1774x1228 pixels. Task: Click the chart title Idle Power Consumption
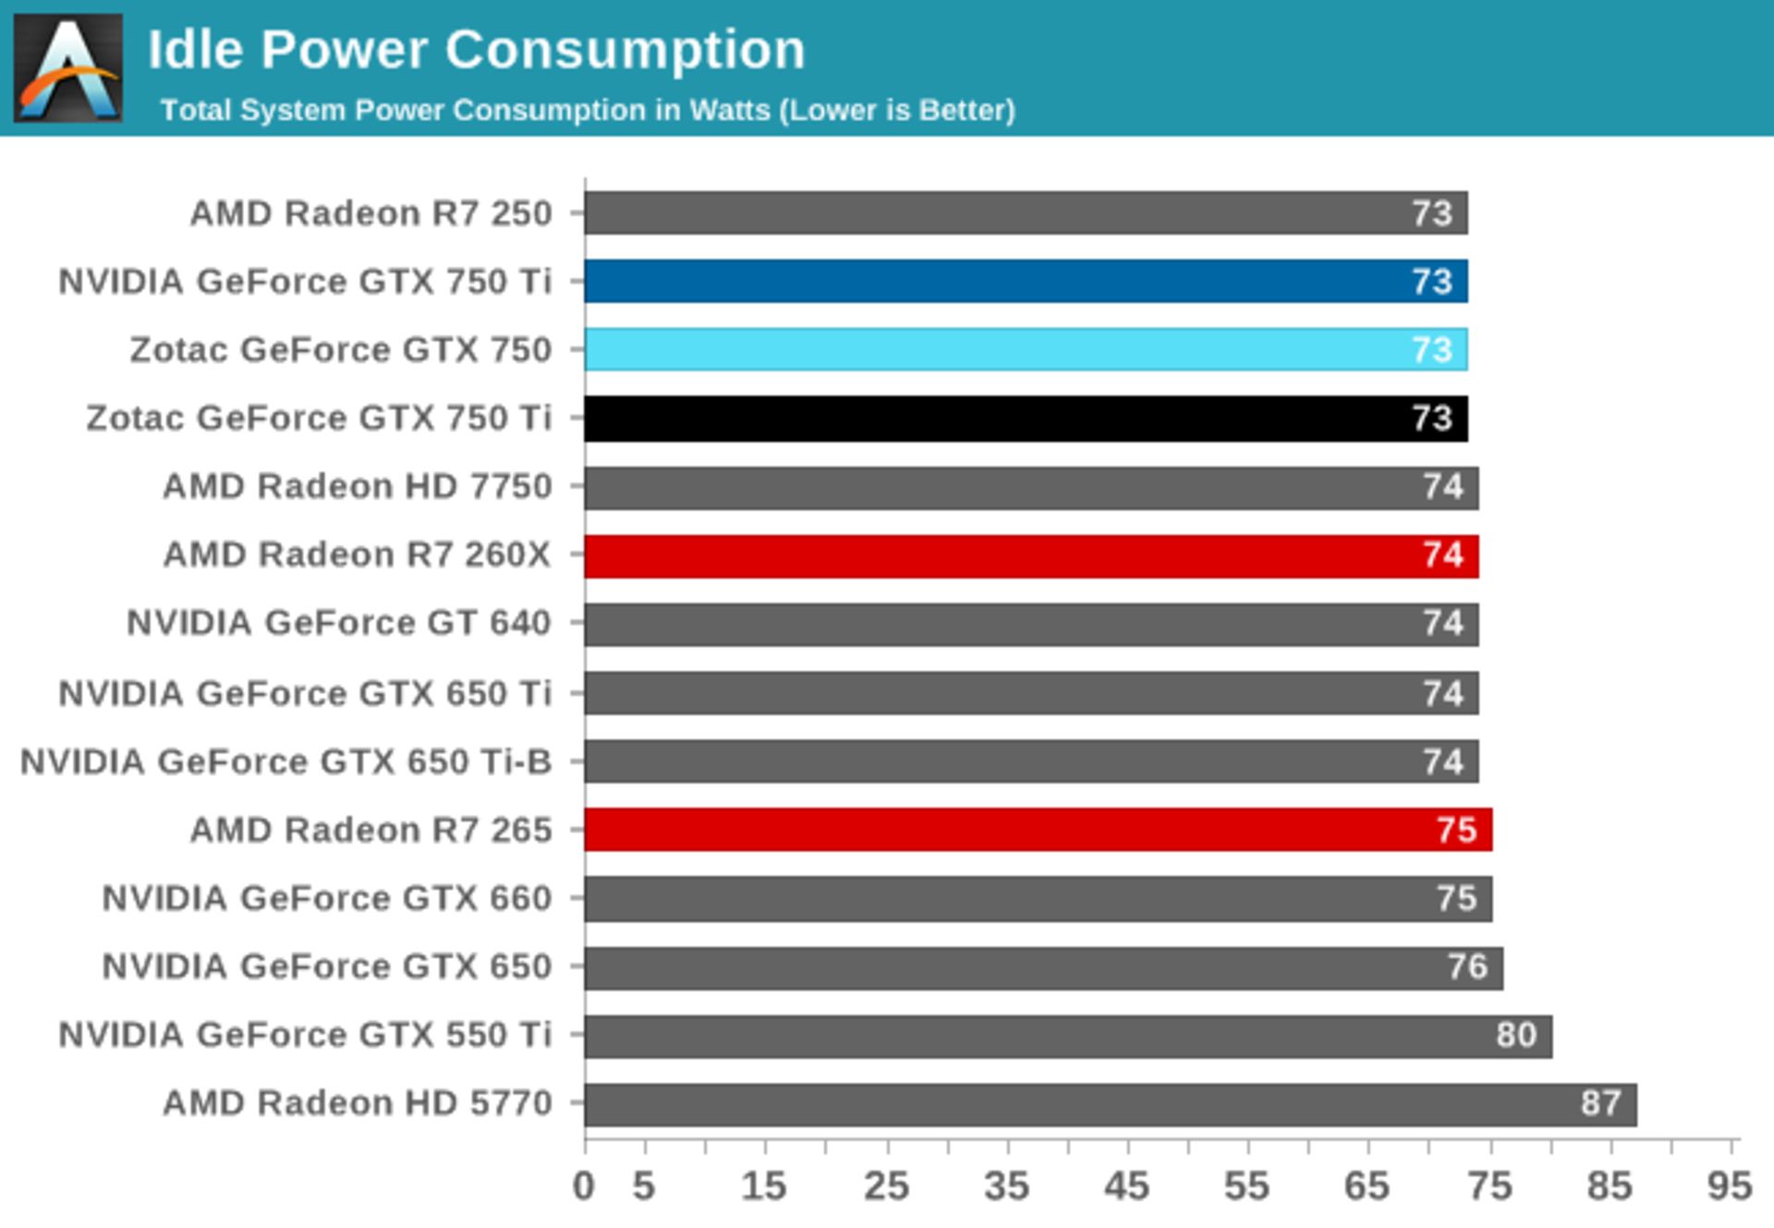pyautogui.click(x=476, y=49)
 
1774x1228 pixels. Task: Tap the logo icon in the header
pyautogui.click(x=68, y=68)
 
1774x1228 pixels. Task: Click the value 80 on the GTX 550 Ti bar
pyautogui.click(x=1516, y=1035)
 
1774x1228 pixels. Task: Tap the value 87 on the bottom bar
pyautogui.click(x=1600, y=1103)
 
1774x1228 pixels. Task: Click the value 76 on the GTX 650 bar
pyautogui.click(x=1467, y=967)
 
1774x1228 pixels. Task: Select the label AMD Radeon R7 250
pyautogui.click(x=371, y=213)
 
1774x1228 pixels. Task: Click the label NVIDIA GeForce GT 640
pyautogui.click(x=339, y=624)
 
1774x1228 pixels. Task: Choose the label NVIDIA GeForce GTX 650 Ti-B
pyautogui.click(x=286, y=762)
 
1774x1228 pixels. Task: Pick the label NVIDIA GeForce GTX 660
pyautogui.click(x=326, y=898)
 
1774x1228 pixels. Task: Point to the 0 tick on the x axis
pyautogui.click(x=584, y=1185)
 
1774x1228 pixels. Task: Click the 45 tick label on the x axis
pyautogui.click(x=1126, y=1185)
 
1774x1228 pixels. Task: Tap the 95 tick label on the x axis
pyautogui.click(x=1728, y=1185)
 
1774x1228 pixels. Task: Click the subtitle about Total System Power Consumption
pyautogui.click(x=588, y=110)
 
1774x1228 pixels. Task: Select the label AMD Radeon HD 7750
pyautogui.click(x=358, y=487)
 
